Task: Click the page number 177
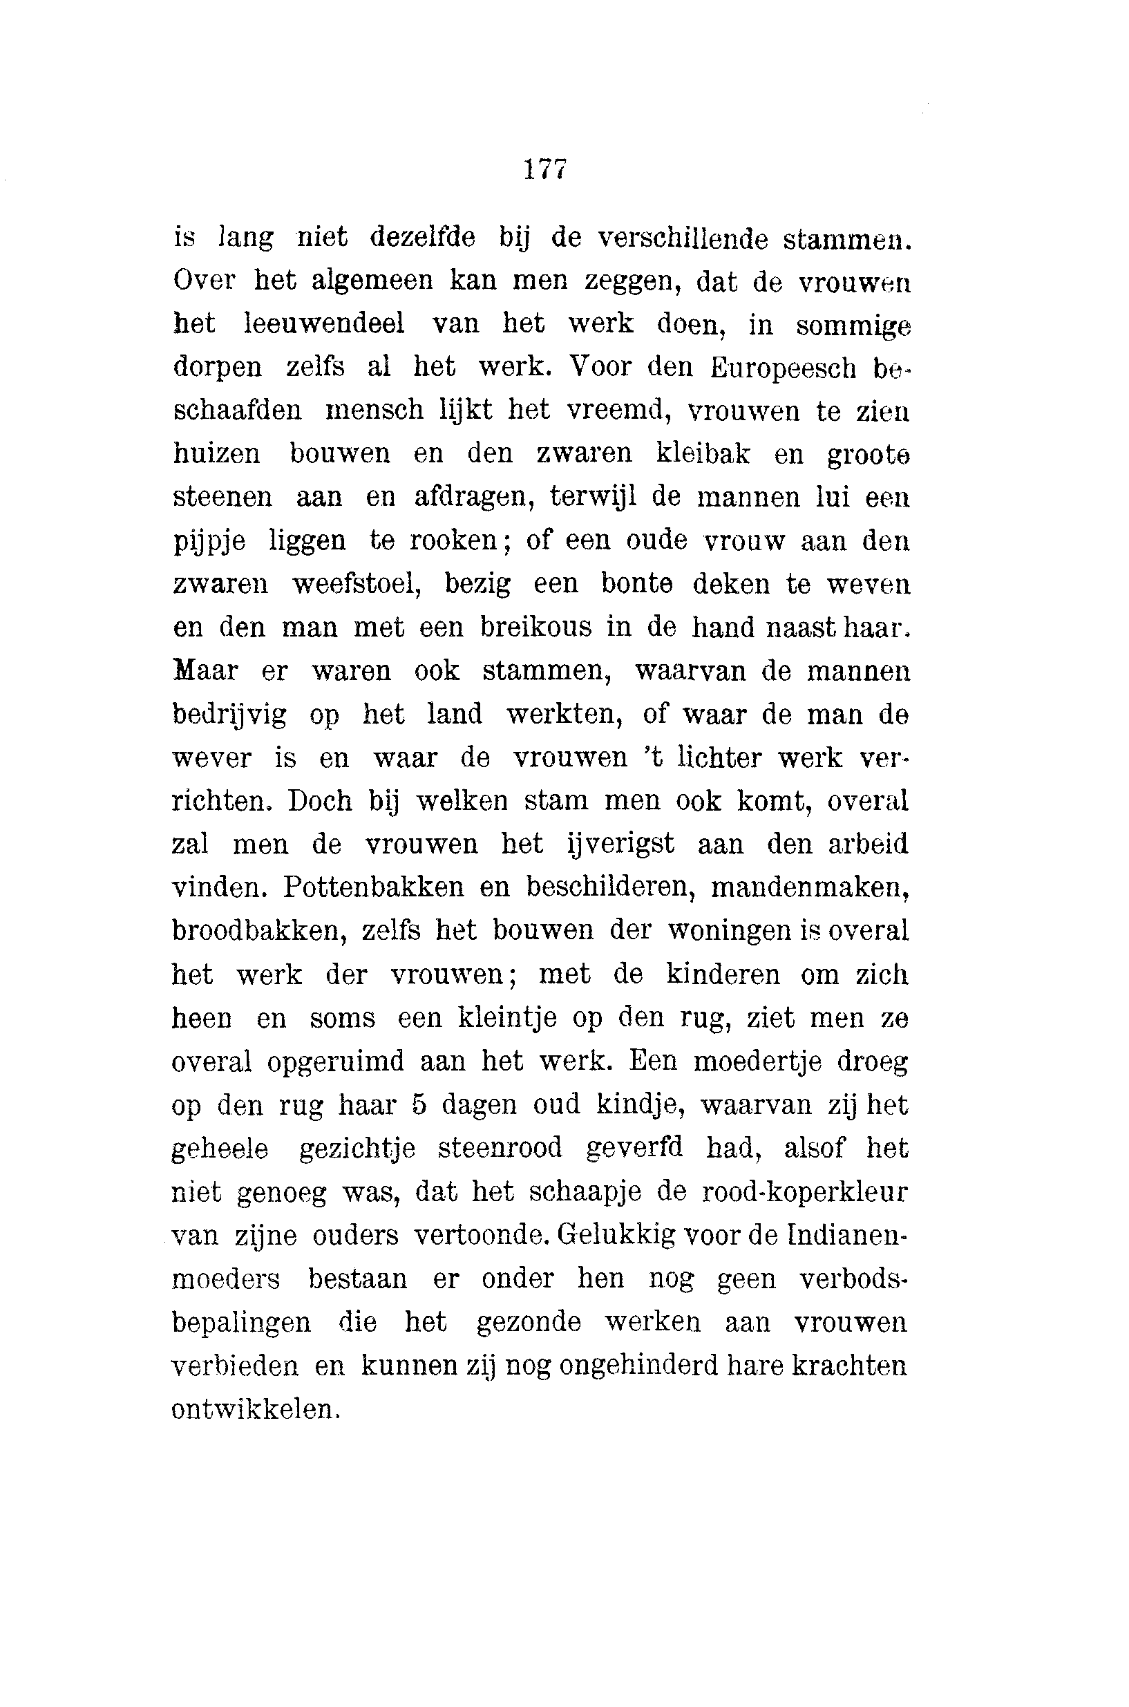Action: pos(546,169)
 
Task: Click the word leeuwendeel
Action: pos(325,324)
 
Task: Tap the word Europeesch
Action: pos(784,368)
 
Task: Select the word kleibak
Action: pos(703,454)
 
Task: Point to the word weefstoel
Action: pos(357,584)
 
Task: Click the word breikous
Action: pos(535,628)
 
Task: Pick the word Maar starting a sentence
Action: pos(205,670)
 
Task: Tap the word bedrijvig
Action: pos(229,715)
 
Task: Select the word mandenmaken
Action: pos(808,887)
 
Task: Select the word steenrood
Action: pos(500,1148)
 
